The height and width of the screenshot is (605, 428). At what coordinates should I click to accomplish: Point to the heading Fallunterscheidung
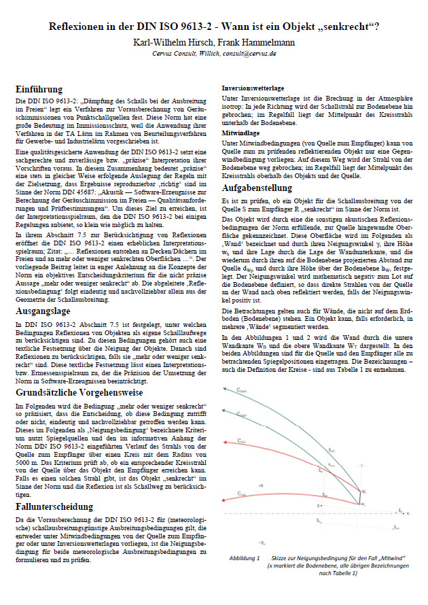point(55,506)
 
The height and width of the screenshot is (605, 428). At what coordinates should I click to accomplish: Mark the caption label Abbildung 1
point(244,558)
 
